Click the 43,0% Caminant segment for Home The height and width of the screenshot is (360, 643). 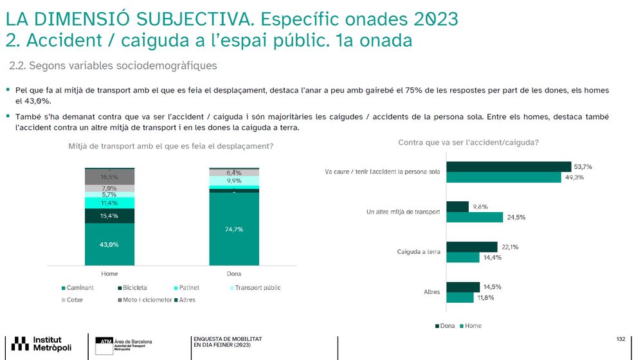pyautogui.click(x=109, y=244)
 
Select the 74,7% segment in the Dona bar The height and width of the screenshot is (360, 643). pyautogui.click(x=234, y=229)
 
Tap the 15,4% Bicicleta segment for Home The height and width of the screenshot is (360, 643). pyautogui.click(x=109, y=216)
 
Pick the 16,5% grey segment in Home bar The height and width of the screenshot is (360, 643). pyautogui.click(x=109, y=177)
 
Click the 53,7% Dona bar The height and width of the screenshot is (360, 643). pyautogui.click(x=508, y=166)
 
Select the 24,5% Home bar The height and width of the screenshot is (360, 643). pyautogui.click(x=474, y=217)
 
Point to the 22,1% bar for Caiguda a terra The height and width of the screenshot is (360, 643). pyautogui.click(x=471, y=247)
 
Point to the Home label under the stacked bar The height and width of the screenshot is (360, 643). pyautogui.click(x=109, y=274)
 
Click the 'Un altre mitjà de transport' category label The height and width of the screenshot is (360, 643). pyautogui.click(x=408, y=212)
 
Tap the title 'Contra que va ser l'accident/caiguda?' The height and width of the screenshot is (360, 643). pyautogui.click(x=468, y=142)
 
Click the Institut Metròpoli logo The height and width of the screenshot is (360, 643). pyautogui.click(x=42, y=343)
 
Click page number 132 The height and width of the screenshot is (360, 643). pyautogui.click(x=620, y=339)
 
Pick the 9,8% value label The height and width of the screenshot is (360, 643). pyautogui.click(x=480, y=206)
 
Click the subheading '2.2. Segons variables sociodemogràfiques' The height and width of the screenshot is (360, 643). pyautogui.click(x=113, y=66)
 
